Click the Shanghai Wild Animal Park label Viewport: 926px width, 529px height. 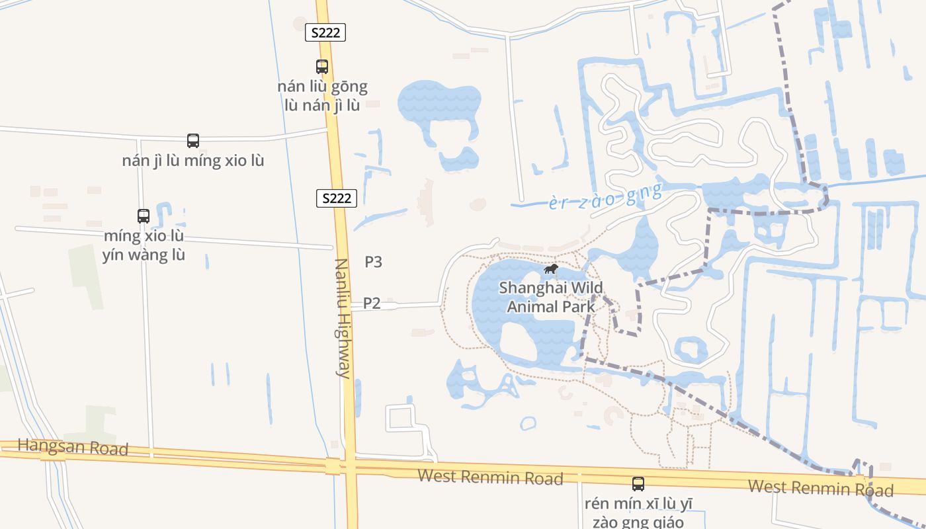(551, 297)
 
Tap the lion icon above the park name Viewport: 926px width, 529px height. (550, 269)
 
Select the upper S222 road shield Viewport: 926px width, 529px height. (325, 32)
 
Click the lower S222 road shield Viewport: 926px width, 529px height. (337, 198)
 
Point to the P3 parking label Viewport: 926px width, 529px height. (374, 262)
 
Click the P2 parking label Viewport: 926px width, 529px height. (372, 303)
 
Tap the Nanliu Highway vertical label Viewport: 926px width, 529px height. (342, 318)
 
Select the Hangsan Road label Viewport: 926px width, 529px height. (73, 447)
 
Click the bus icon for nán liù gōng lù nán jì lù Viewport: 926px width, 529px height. (322, 67)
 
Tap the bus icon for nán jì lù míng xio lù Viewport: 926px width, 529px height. (193, 141)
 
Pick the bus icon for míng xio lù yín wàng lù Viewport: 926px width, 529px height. (144, 216)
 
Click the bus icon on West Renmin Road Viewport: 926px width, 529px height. (638, 483)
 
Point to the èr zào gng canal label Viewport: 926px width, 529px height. (605, 196)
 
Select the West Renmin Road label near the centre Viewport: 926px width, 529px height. (490, 477)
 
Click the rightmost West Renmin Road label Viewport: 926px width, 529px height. (820, 488)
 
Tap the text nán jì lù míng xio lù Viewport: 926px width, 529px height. (193, 161)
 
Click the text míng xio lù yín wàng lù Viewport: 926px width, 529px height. (144, 245)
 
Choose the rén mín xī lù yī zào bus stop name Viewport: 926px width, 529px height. (638, 512)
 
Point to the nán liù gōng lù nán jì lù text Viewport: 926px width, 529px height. (322, 95)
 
